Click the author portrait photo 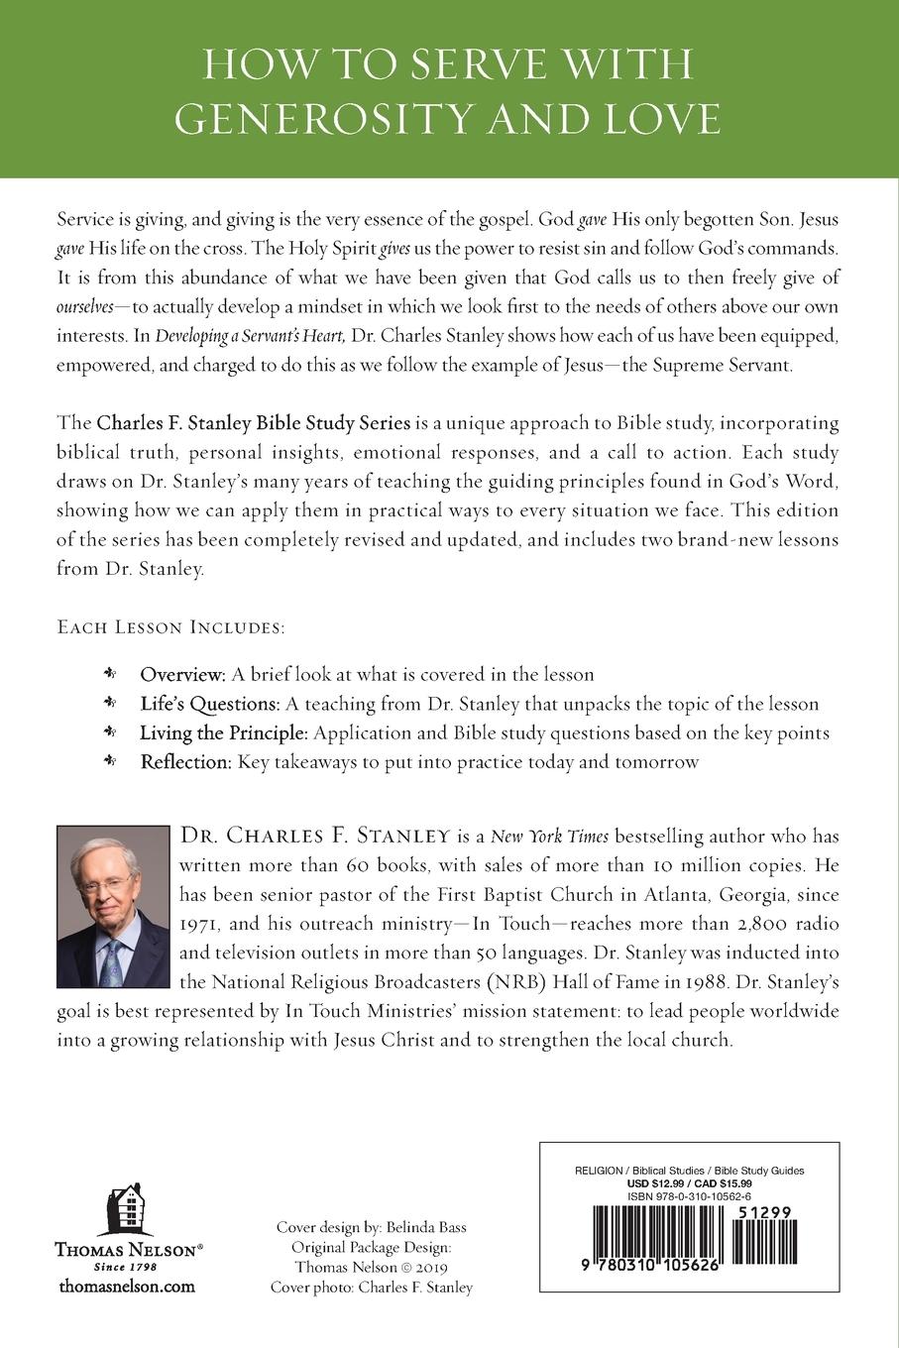pyautogui.click(x=114, y=906)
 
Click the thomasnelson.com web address pyautogui.click(x=127, y=1287)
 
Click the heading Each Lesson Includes pyautogui.click(x=171, y=627)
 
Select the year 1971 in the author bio pyautogui.click(x=205, y=924)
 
